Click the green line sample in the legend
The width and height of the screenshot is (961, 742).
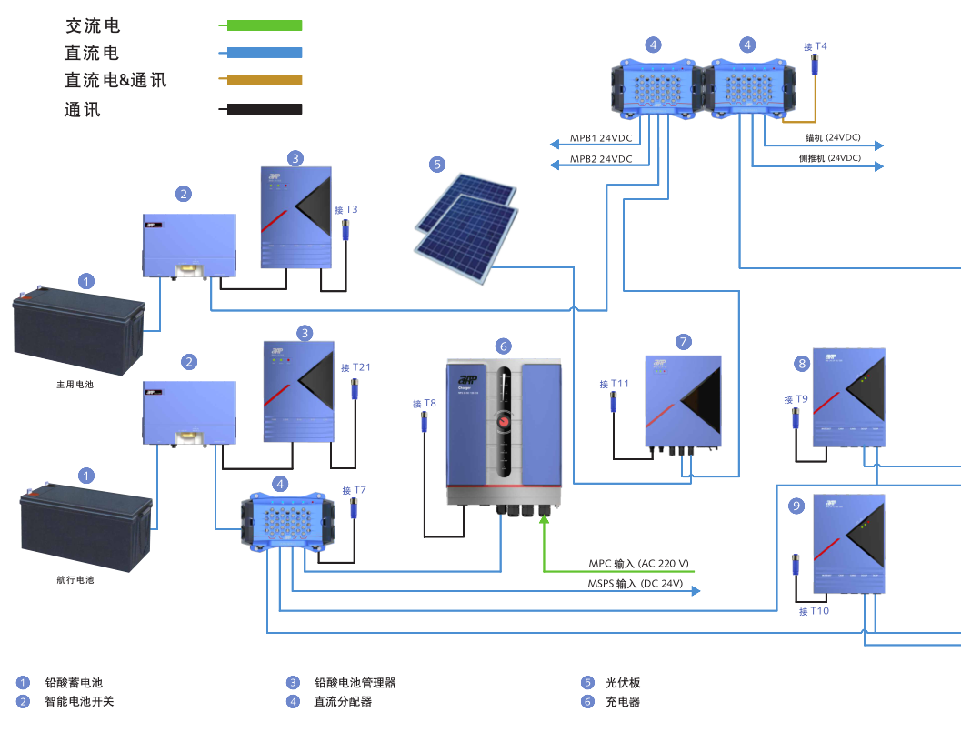pos(264,25)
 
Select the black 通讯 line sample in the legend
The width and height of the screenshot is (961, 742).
pos(264,109)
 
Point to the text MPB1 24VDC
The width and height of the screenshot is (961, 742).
pos(601,139)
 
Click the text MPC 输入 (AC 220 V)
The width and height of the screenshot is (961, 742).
pos(638,564)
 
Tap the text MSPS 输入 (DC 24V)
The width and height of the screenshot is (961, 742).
pos(635,584)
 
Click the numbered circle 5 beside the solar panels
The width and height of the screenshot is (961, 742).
pos(438,165)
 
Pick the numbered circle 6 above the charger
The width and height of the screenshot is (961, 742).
pos(504,346)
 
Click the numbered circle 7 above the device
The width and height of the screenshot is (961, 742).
pos(685,342)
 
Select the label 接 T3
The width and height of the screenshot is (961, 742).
pos(346,210)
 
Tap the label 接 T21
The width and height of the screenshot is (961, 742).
pos(355,367)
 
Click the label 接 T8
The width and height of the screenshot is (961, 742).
pos(424,403)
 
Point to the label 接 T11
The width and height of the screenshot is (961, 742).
pos(614,385)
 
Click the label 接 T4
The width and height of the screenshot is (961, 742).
pos(816,46)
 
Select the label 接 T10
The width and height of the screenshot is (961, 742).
pos(814,611)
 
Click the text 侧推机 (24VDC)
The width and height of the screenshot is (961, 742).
pos(829,158)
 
